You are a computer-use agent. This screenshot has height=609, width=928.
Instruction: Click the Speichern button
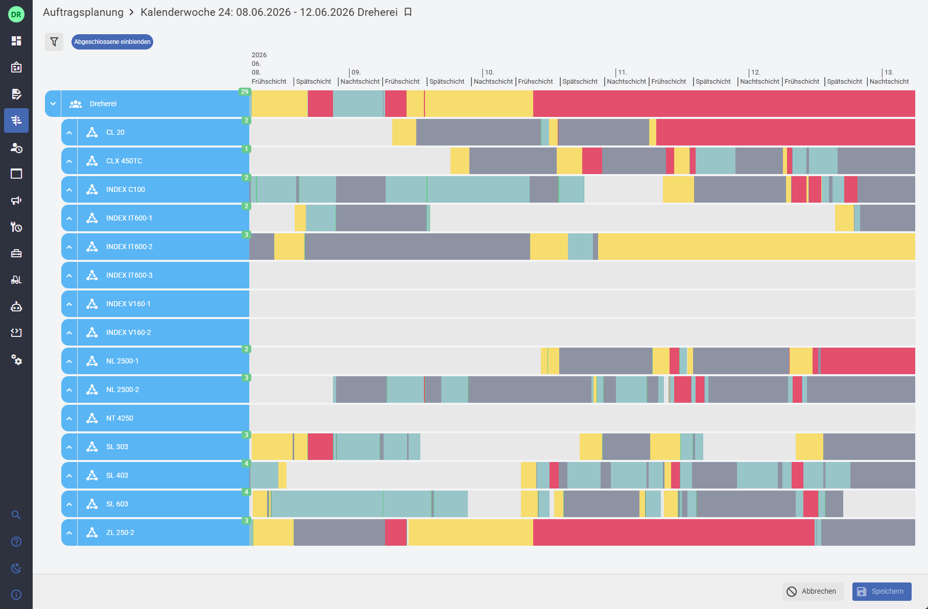coord(882,591)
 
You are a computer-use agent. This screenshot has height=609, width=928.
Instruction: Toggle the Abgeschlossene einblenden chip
coord(112,42)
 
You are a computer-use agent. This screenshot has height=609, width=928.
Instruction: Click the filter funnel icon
coord(54,42)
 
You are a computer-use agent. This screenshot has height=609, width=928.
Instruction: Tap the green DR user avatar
coord(16,14)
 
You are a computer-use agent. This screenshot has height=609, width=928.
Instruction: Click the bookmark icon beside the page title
coord(408,12)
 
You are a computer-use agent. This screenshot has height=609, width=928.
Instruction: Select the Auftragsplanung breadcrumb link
coord(83,12)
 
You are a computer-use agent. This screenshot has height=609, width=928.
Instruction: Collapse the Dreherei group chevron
coord(53,104)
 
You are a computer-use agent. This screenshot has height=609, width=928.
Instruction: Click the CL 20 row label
coord(115,132)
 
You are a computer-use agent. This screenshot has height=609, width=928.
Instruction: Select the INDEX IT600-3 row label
coord(129,275)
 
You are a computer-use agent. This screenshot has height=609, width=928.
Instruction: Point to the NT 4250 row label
coord(120,418)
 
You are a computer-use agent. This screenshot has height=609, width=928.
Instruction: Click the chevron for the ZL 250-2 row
coord(69,532)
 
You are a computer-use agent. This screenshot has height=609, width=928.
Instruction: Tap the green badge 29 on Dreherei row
coord(245,92)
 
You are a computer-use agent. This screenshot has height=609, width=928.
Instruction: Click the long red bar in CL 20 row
coord(786,132)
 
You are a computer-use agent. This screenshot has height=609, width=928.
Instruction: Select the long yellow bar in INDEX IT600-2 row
coord(756,247)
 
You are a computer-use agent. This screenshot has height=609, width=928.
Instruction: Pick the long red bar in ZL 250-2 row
coord(674,532)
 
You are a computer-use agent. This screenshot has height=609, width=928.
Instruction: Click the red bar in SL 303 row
coord(320,447)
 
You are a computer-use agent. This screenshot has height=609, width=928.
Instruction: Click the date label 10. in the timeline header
coord(489,72)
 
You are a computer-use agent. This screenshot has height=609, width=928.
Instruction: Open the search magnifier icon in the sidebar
coord(16,515)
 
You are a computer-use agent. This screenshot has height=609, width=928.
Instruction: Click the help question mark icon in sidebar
coord(16,542)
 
